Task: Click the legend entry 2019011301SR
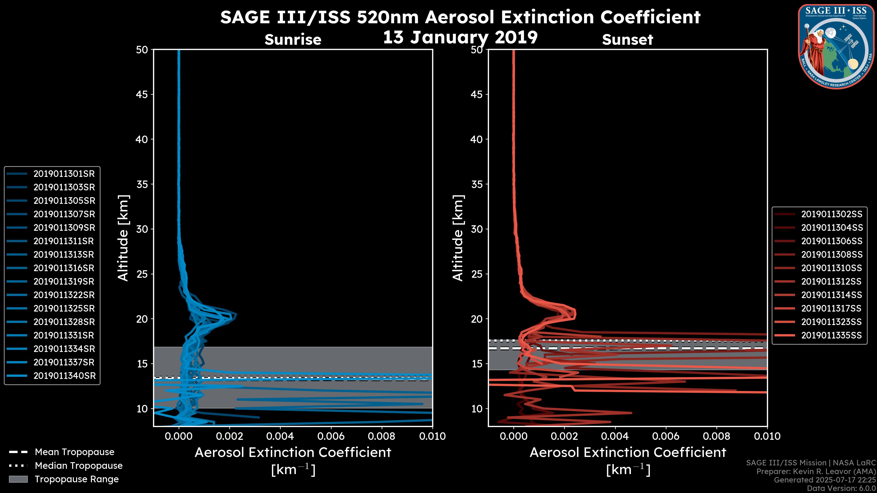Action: [x=64, y=174]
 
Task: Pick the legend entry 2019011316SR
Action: [x=64, y=268]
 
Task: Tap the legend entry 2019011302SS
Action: [x=831, y=214]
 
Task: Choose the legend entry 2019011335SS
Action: [x=831, y=336]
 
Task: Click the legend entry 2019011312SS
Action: [x=831, y=282]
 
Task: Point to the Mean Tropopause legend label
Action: [x=74, y=452]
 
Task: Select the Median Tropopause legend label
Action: [x=79, y=466]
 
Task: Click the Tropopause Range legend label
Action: [x=77, y=479]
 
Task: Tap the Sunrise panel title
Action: [x=293, y=40]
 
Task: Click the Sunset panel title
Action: [x=627, y=40]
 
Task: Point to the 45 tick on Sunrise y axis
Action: [x=142, y=94]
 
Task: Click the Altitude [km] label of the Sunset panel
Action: [x=458, y=238]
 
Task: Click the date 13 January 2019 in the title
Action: [x=460, y=37]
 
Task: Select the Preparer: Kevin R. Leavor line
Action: [x=816, y=472]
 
